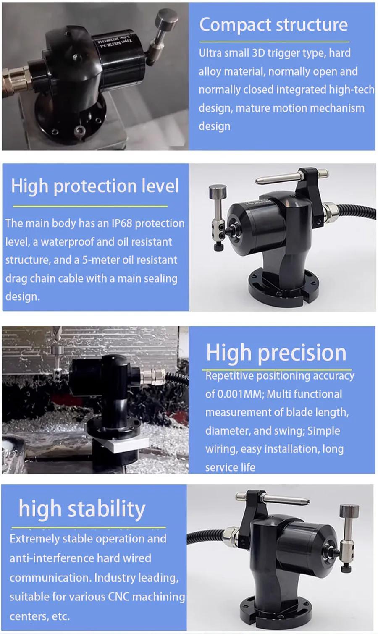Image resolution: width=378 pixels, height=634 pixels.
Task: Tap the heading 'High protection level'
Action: click(x=95, y=186)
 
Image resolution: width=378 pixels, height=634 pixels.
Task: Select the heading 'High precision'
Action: click(x=276, y=353)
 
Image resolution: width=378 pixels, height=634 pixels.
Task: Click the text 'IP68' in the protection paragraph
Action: click(x=122, y=223)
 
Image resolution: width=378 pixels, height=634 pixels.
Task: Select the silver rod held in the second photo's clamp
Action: click(x=291, y=178)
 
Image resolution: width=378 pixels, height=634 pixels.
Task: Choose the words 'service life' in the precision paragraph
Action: click(x=230, y=467)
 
